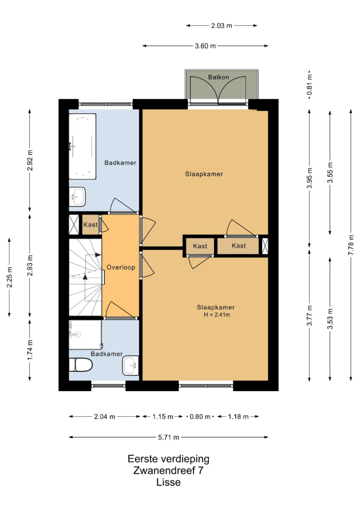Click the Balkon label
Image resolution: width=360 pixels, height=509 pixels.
click(x=218, y=77)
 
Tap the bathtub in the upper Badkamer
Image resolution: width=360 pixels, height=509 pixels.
click(x=82, y=146)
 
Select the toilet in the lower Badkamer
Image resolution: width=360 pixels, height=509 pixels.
click(x=81, y=365)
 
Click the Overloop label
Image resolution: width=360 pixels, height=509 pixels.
click(x=121, y=267)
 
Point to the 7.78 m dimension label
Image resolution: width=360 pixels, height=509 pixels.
click(x=351, y=244)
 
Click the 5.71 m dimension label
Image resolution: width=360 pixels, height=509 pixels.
click(x=169, y=438)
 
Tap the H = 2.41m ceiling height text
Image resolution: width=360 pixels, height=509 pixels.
click(x=217, y=315)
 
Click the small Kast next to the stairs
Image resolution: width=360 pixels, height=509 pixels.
click(x=90, y=225)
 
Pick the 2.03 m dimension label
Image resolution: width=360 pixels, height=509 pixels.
click(x=221, y=25)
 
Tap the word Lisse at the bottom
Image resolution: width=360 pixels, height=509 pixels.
click(x=168, y=482)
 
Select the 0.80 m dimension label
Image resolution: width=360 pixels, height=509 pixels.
click(x=200, y=416)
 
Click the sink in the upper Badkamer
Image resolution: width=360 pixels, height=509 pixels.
click(x=77, y=196)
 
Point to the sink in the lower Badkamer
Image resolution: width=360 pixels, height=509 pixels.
click(x=130, y=365)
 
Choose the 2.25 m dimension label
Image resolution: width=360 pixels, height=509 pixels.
click(x=9, y=277)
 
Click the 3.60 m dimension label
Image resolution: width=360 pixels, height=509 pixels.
click(x=205, y=46)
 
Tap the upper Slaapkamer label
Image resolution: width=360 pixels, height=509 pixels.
click(x=204, y=174)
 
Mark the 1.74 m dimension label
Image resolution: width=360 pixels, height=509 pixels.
click(x=30, y=349)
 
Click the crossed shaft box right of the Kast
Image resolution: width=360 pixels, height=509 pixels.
click(x=265, y=246)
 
